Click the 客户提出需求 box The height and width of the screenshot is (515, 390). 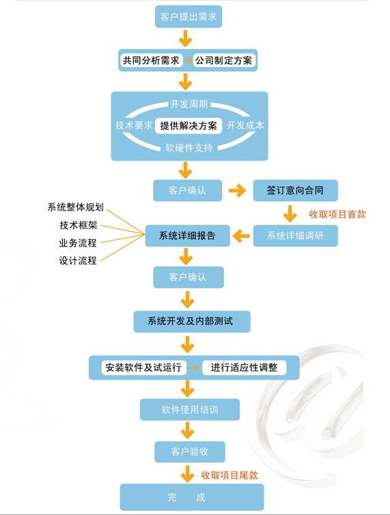(x=189, y=16)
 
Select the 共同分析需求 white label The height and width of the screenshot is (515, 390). (x=151, y=60)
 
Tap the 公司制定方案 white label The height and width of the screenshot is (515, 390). (x=224, y=60)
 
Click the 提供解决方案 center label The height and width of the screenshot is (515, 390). (x=189, y=126)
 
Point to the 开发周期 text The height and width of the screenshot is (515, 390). (x=189, y=104)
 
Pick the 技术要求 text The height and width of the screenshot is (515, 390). (x=134, y=125)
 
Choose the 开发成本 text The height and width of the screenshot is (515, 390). (x=245, y=125)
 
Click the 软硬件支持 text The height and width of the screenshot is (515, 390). (x=189, y=148)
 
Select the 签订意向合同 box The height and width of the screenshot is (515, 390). (x=295, y=190)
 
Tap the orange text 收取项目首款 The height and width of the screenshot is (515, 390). (x=337, y=214)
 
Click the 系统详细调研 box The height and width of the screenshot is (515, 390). (x=295, y=236)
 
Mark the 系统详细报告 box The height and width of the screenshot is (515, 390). (x=188, y=236)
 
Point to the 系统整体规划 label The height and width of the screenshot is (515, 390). (x=76, y=207)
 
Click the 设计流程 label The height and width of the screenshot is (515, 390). (x=78, y=261)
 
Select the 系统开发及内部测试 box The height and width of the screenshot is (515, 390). (x=192, y=321)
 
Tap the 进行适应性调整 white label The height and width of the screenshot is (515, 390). (x=244, y=367)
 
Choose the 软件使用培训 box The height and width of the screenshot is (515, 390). (x=190, y=410)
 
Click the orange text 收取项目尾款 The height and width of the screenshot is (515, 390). (x=229, y=475)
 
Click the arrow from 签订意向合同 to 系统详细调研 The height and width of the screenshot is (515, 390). (x=290, y=214)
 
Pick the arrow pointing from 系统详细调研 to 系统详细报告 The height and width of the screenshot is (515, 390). (x=241, y=236)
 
